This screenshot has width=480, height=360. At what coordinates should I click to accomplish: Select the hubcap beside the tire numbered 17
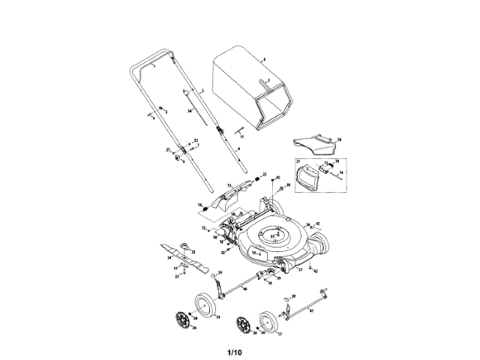pos(242,325)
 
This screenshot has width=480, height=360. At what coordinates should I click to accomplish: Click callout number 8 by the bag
pos(264,58)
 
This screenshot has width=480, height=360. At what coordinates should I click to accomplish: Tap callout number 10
pos(338,139)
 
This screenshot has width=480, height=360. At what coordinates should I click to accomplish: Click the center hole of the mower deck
pos(274,234)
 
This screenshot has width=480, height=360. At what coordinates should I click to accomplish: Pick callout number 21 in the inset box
pos(298,163)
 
